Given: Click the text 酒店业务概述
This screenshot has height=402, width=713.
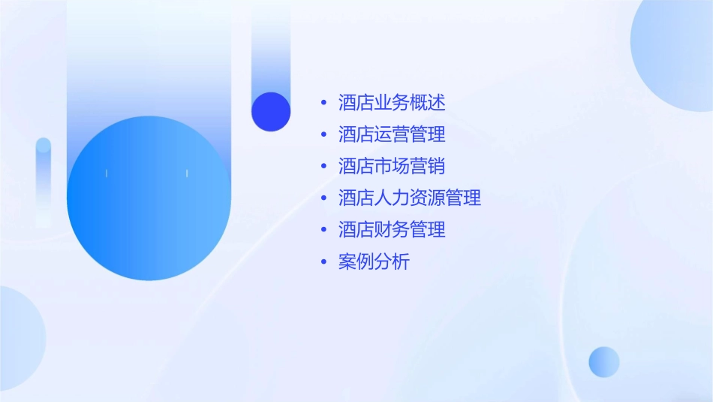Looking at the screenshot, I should click(392, 102).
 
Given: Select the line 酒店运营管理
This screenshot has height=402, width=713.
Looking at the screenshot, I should click(392, 135).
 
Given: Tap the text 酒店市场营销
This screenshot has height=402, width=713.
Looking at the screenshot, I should click(392, 166).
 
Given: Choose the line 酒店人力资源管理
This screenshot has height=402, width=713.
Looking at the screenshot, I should click(410, 198).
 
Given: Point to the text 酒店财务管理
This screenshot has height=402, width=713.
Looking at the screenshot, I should click(392, 230).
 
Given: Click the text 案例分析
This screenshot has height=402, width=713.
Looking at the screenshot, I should click(374, 262).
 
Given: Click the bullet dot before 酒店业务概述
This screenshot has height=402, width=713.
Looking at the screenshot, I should click(323, 103).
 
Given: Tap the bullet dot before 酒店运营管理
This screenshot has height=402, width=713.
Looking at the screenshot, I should click(323, 135).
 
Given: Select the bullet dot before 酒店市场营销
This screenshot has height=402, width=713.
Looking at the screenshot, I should click(323, 167).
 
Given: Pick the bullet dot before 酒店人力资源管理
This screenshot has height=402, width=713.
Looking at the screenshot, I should click(323, 198).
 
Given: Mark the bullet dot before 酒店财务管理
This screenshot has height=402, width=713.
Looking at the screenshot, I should click(323, 231).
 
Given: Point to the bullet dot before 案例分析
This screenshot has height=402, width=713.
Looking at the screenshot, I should click(323, 262).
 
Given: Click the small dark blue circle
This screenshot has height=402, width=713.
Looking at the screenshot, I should click(271, 111).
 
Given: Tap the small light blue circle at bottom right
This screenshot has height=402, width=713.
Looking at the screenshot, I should click(604, 361).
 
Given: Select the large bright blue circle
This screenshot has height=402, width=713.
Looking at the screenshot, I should click(149, 198).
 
